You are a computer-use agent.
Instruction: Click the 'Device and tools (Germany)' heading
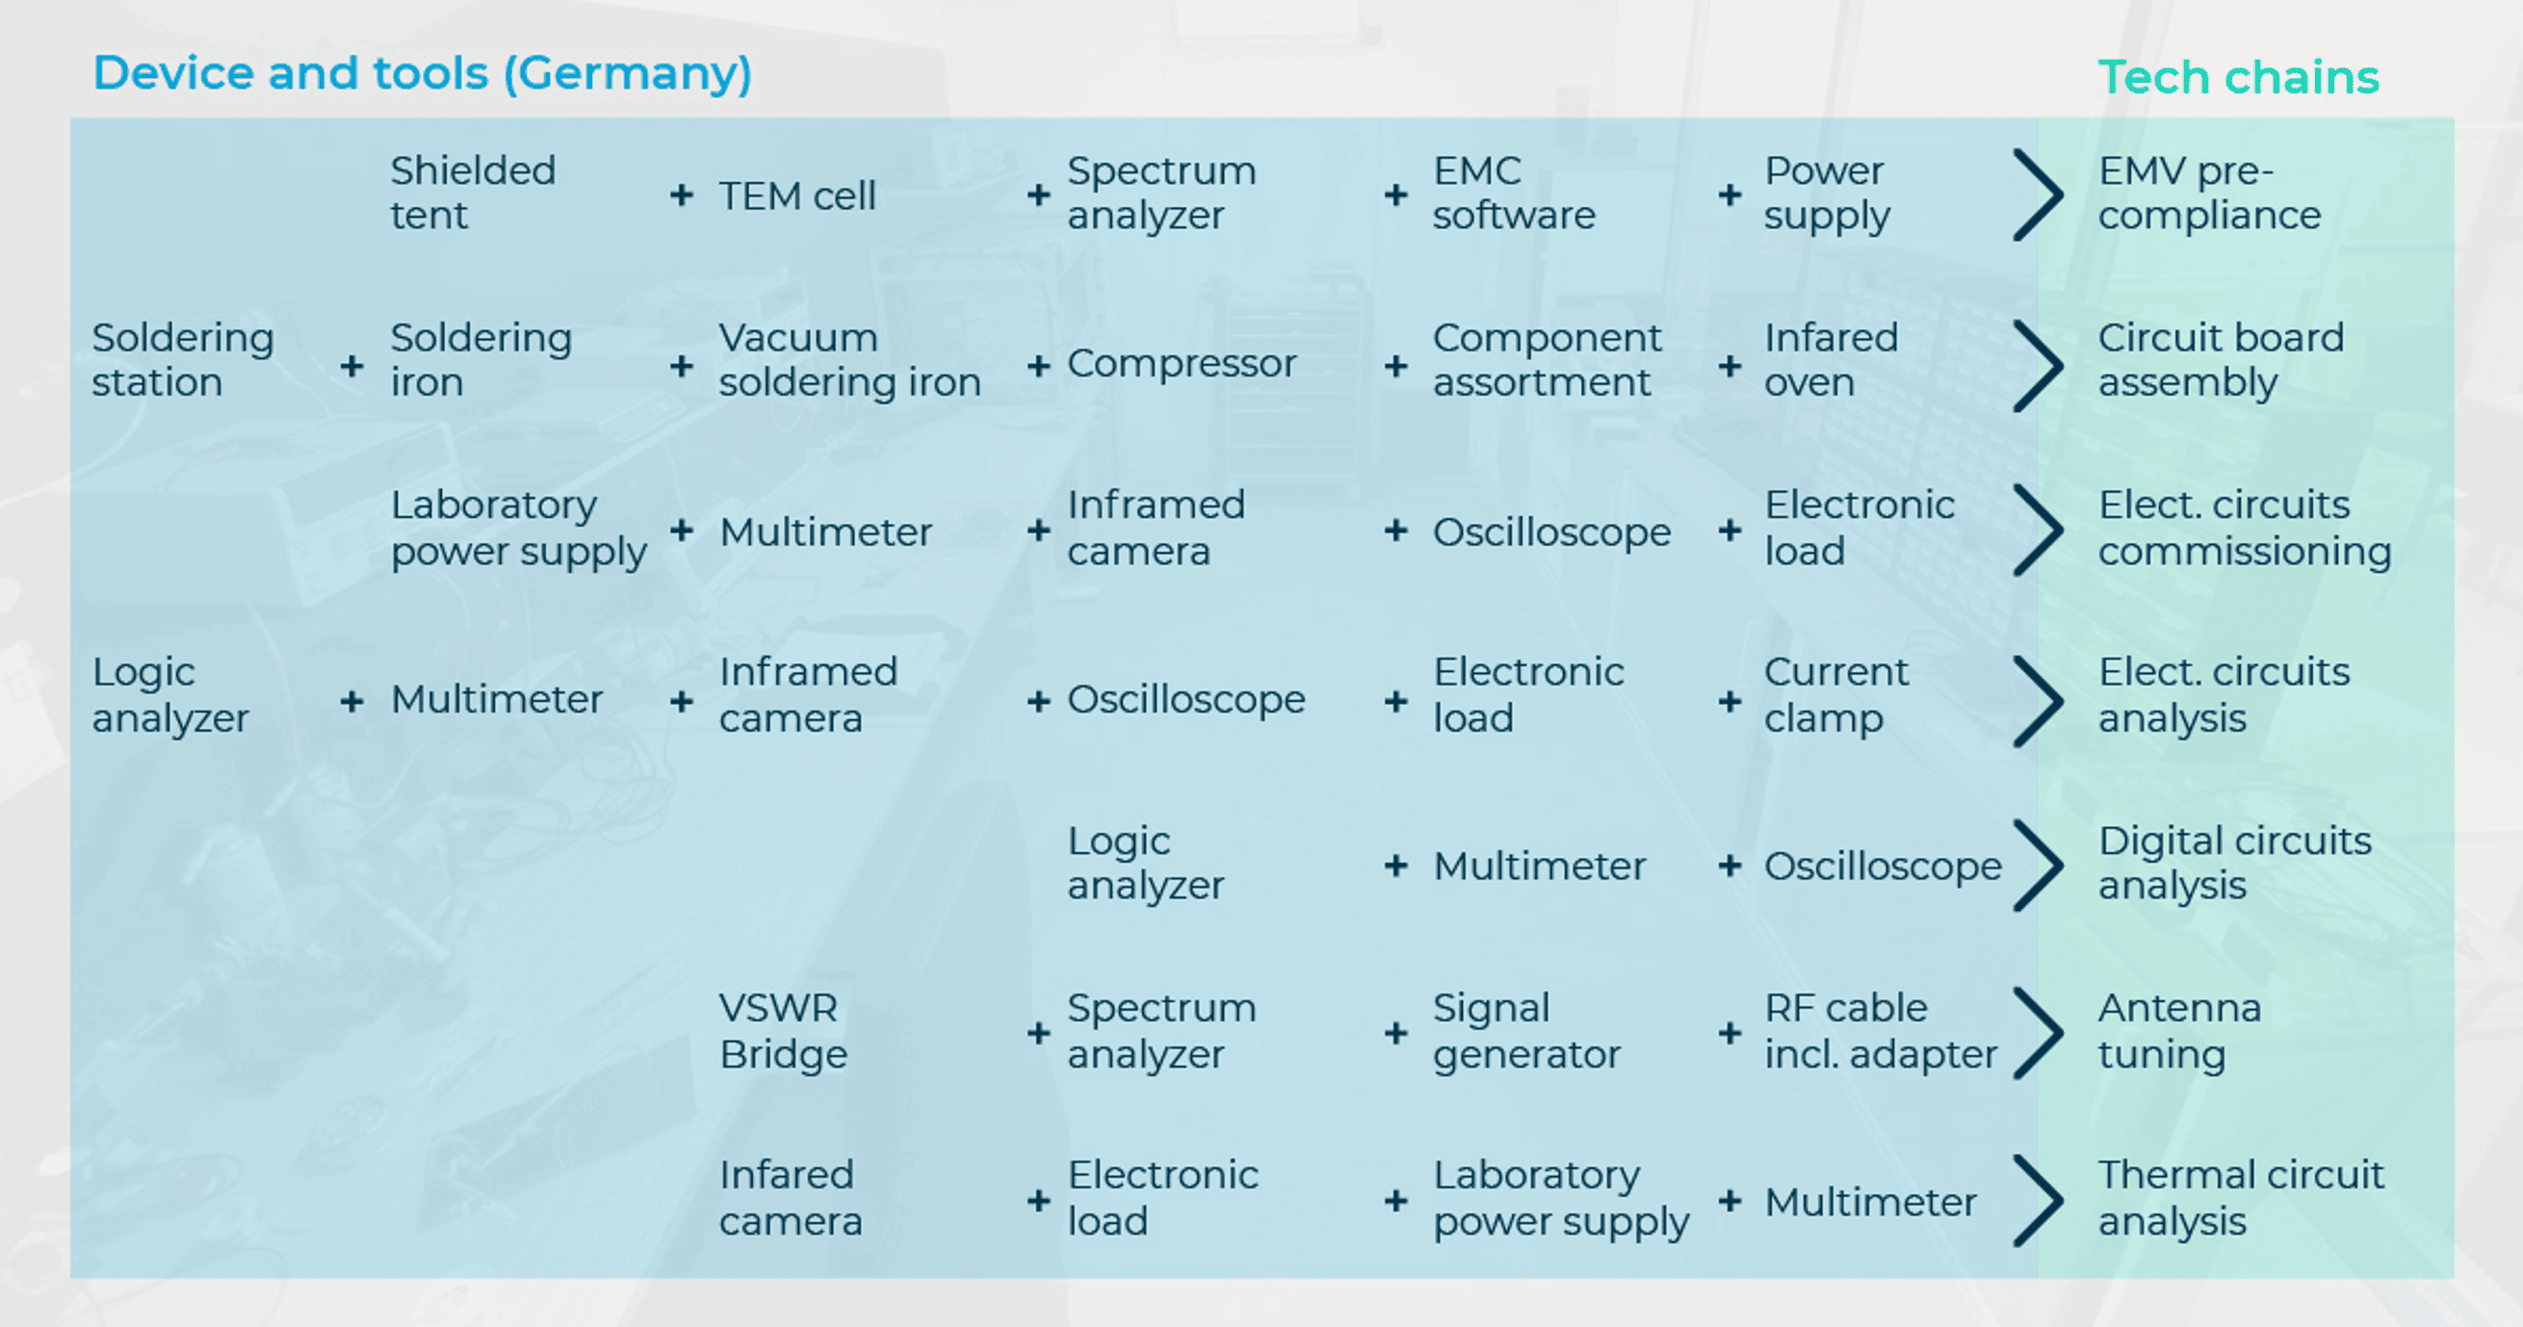[x=422, y=74]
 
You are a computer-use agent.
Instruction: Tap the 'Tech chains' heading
[x=2238, y=77]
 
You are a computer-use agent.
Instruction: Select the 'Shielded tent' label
[x=473, y=193]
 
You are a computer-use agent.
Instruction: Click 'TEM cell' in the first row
[x=797, y=195]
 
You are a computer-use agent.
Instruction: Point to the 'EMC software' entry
[x=1514, y=193]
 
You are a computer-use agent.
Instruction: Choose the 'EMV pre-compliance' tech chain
[x=2210, y=193]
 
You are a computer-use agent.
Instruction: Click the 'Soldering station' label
[x=183, y=359]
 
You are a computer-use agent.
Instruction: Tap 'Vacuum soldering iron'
[x=850, y=359]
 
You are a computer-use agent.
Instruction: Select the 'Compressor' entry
[x=1182, y=363]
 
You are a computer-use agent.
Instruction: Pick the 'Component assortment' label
[x=1548, y=359]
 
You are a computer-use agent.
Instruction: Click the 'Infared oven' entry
[x=1832, y=359]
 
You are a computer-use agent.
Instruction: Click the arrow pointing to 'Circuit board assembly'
[x=2040, y=364]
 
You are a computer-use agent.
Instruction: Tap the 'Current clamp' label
[x=1836, y=694]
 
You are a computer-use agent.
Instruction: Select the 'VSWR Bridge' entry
[x=784, y=1030]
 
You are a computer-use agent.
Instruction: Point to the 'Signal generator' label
[x=1527, y=1030]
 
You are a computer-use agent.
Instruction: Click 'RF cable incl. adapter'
[x=1881, y=1030]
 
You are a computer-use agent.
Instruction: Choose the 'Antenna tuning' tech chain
[x=2179, y=1030]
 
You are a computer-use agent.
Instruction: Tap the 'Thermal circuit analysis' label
[x=2241, y=1197]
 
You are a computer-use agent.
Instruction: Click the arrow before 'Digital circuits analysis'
[x=2040, y=866]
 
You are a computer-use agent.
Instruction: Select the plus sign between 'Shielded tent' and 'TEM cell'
[x=682, y=195]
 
